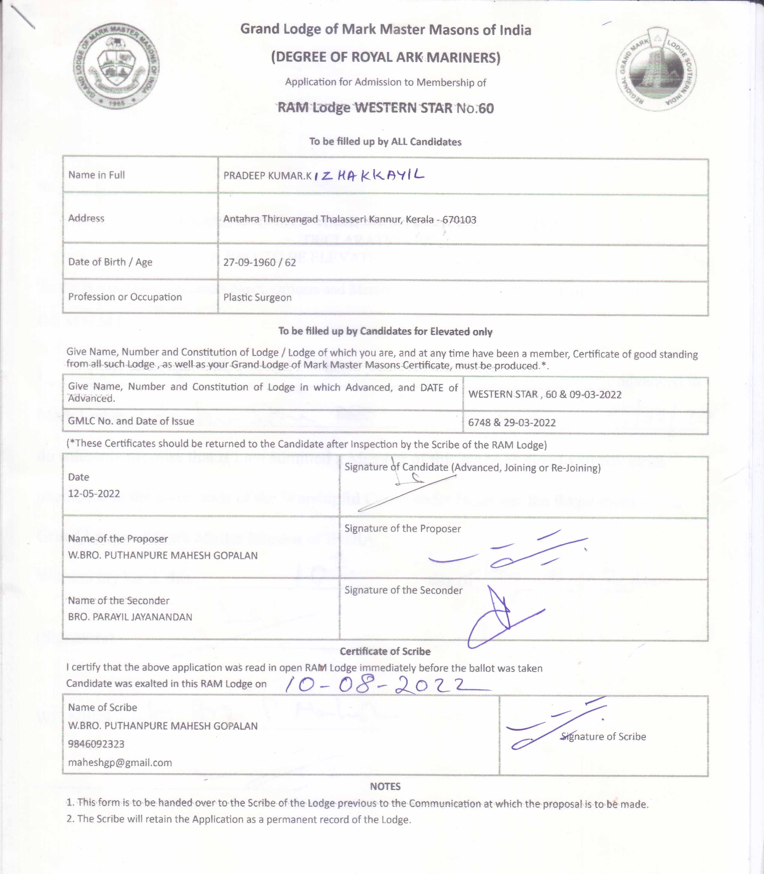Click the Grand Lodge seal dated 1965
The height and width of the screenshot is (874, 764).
[x=116, y=66]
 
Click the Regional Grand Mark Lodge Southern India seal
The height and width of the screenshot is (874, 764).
[x=656, y=69]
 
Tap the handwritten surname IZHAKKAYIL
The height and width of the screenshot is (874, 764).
[x=369, y=175]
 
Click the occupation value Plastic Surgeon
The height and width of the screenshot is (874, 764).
[x=257, y=297]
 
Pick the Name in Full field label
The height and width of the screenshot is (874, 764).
[x=96, y=175]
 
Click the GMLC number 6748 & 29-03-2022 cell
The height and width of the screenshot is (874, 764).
[x=512, y=422]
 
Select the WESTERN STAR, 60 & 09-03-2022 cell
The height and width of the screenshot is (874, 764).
[x=545, y=394]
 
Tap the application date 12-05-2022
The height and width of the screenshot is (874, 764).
[x=94, y=493]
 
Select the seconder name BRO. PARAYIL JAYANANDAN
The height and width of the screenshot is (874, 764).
[x=130, y=617]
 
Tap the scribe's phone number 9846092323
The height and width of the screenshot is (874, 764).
[x=96, y=744]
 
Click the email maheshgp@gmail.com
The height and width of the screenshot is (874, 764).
[x=120, y=762]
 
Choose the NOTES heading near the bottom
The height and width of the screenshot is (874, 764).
[x=385, y=786]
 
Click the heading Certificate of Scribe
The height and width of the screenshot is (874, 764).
[x=385, y=651]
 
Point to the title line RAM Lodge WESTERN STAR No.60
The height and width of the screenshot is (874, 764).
[x=385, y=108]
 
